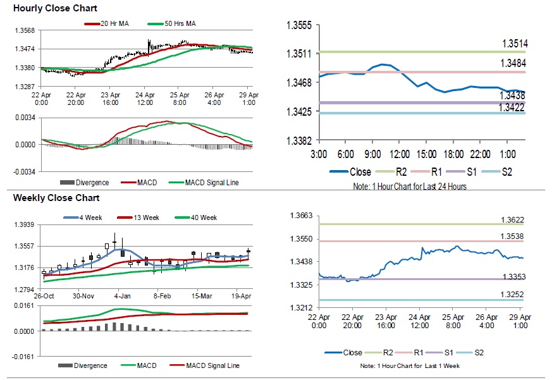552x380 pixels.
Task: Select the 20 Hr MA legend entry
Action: coord(111,23)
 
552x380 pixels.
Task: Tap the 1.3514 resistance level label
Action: coord(514,44)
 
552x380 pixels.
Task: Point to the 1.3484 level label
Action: coord(514,63)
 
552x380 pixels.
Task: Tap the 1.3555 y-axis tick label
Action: coord(299,25)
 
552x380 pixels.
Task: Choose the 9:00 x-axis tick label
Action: coord(371,155)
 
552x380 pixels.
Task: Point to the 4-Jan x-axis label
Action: coord(122,296)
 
